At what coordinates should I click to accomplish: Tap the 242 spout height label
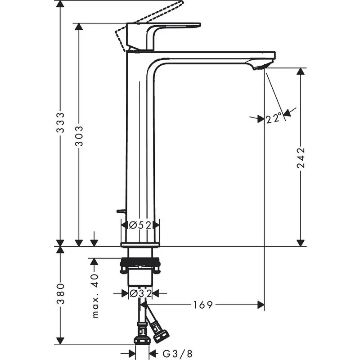(x=301, y=157)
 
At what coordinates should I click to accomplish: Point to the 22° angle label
(x=273, y=119)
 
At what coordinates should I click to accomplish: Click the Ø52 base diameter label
(x=139, y=225)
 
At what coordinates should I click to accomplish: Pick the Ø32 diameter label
(x=139, y=293)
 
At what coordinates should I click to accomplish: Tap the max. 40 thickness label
(x=95, y=295)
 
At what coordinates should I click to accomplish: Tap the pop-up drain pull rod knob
(x=120, y=210)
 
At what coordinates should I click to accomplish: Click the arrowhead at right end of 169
(x=261, y=305)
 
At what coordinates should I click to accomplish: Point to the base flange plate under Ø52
(x=139, y=244)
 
